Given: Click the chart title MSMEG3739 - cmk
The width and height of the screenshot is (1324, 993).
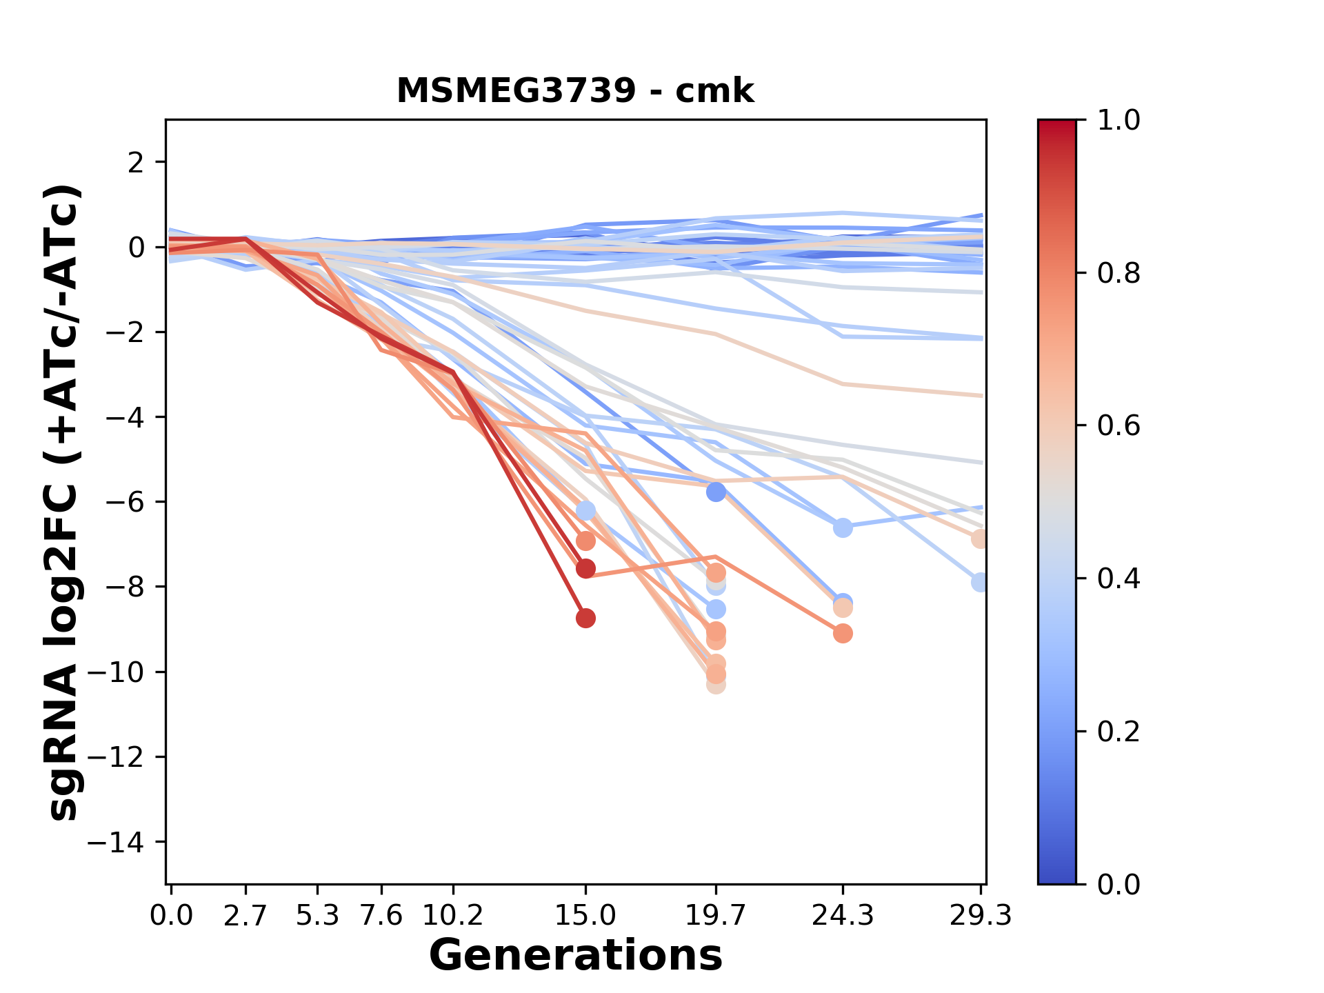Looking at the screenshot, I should [x=575, y=90].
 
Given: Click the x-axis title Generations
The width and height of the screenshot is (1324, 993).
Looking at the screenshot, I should [x=575, y=956].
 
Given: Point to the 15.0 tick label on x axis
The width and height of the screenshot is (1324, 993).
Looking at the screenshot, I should [x=585, y=916].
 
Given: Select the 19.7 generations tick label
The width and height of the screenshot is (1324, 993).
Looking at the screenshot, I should [x=715, y=916].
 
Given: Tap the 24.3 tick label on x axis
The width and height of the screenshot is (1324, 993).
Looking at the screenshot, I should [x=842, y=916].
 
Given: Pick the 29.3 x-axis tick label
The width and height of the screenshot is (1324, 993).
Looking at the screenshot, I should [x=979, y=916].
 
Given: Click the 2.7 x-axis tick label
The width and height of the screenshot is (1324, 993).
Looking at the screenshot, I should [x=245, y=916].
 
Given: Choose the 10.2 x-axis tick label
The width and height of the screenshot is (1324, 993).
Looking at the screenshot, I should [x=452, y=916].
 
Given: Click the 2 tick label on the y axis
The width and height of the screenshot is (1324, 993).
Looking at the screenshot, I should [x=137, y=162].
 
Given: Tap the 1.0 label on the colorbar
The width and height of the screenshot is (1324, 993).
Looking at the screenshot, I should [x=1119, y=121].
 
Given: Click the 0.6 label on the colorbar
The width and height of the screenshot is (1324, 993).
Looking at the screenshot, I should [x=1119, y=426].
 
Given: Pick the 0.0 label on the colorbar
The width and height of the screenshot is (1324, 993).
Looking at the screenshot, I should [x=1119, y=884].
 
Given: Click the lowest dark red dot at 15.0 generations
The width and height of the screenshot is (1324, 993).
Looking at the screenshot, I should [x=585, y=619].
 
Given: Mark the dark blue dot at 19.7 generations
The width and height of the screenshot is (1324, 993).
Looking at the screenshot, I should [x=716, y=492].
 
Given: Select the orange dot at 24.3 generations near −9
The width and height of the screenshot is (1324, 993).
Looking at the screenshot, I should [x=843, y=633].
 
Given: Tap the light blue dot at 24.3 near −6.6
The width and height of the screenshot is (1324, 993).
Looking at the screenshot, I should [x=843, y=528].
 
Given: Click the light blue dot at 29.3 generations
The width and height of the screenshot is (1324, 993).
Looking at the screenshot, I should [x=980, y=582].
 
